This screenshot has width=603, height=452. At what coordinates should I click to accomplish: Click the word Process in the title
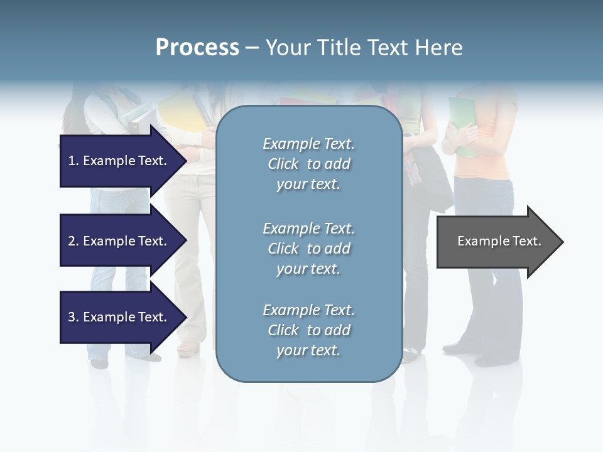pos(197,48)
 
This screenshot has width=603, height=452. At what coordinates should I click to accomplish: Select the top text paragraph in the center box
pos(308,164)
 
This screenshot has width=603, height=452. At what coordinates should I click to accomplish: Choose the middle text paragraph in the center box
pos(308,249)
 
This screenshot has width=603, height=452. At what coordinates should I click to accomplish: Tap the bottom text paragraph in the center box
pos(308,330)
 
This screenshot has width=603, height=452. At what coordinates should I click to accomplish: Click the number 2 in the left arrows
pos(72,241)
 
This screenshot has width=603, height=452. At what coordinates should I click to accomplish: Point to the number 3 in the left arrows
pos(72,317)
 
